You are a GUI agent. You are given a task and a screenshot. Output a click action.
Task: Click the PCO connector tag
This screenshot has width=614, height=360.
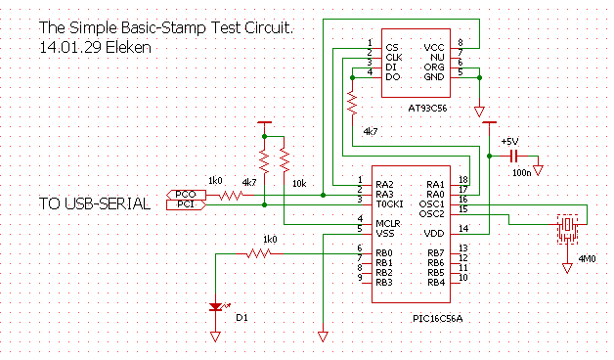186,195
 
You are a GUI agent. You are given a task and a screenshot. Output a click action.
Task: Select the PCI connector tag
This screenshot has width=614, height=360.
186,204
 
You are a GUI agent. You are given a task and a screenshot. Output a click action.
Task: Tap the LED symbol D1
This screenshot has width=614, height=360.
216,307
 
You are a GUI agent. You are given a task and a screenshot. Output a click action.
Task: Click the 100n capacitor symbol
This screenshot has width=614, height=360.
513,156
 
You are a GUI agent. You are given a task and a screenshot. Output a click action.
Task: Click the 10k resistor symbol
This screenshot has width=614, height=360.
285,161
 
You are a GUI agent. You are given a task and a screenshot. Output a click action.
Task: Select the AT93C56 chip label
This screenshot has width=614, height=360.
427,109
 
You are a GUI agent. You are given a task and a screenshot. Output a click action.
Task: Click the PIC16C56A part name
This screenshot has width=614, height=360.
437,319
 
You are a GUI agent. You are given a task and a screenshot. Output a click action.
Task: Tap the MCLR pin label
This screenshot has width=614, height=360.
388,224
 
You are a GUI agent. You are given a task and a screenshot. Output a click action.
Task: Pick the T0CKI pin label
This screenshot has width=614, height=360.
389,204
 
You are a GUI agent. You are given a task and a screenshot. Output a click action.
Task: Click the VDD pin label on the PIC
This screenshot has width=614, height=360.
434,234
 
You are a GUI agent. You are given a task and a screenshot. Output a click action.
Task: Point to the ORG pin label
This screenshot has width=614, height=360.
434,67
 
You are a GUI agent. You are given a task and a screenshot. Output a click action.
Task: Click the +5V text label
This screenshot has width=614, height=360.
509,142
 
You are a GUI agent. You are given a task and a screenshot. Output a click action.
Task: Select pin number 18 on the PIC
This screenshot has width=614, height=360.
463,179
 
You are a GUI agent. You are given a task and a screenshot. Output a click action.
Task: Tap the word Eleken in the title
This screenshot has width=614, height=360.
128,47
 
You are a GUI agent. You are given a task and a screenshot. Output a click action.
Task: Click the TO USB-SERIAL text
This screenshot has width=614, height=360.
95,203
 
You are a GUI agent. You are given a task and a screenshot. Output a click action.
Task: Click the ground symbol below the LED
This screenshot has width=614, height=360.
215,337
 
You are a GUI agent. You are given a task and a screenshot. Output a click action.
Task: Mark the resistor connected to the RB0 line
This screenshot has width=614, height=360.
259,253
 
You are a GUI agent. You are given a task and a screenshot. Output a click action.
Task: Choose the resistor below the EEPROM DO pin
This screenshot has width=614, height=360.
352,104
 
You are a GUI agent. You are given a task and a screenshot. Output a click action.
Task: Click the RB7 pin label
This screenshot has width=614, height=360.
436,253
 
